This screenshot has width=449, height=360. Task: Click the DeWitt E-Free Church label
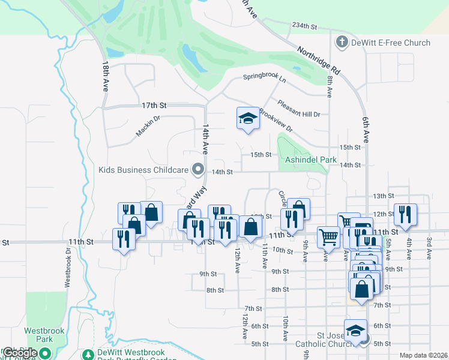[391, 43]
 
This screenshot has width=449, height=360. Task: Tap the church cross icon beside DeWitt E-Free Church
[342, 42]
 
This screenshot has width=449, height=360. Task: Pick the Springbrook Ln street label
[264, 77]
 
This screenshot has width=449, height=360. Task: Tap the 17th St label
[154, 105]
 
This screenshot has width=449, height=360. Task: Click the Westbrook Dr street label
[68, 264]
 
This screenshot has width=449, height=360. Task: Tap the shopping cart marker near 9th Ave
[328, 236]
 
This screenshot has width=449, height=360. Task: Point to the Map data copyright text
[424, 355]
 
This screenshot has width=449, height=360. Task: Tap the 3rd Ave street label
[429, 248]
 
